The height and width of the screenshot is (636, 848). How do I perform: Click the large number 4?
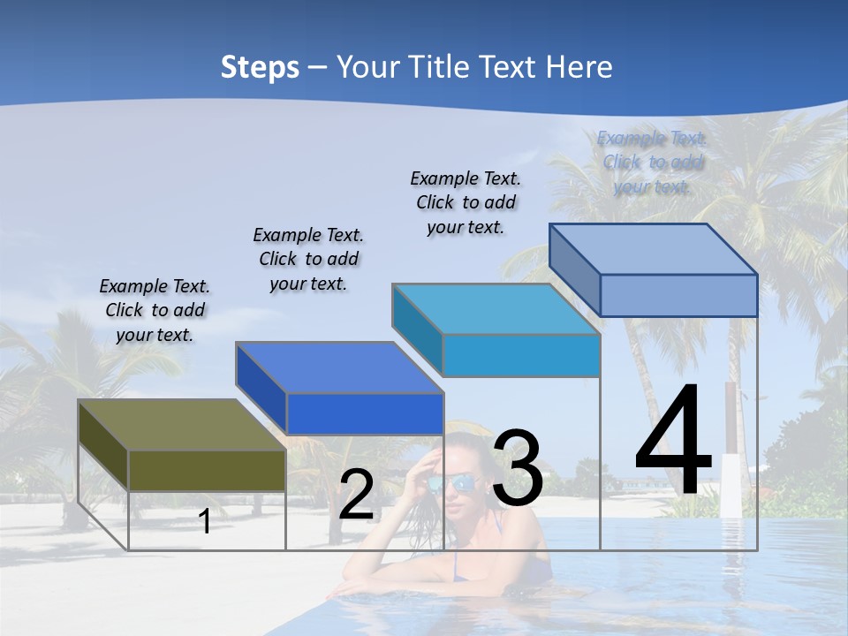pos(673,442)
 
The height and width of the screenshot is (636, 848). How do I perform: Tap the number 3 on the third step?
pos(518,468)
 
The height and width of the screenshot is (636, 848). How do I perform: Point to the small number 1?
pos(205,522)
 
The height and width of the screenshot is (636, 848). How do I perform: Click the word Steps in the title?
pos(260,67)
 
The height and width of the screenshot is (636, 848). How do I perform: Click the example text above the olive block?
pos(155,310)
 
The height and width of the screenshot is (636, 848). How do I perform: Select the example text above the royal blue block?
pos(308,259)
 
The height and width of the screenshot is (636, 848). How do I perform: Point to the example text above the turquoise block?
pos(466,202)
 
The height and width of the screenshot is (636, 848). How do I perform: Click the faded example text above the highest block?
pos(652,162)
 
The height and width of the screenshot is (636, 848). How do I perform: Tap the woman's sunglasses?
pos(452,484)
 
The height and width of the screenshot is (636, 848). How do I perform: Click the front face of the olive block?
pos(207,471)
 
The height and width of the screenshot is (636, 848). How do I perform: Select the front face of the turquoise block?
pos(521,355)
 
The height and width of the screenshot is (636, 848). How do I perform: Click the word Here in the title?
pos(580,67)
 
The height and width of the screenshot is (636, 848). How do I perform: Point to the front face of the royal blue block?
pos(364,413)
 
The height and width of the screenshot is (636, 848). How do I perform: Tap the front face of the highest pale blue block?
pos(678,295)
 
